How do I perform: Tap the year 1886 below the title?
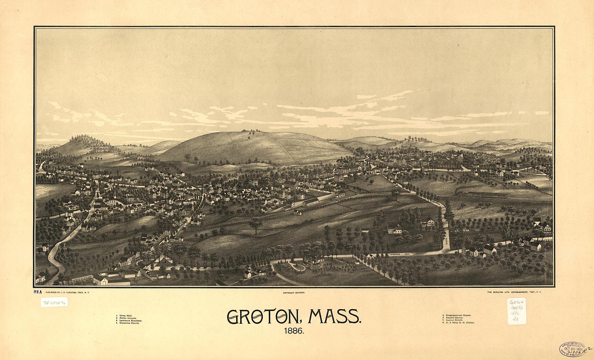coord(294,331)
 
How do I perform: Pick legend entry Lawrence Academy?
coord(130,321)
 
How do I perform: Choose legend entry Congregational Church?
coord(458,315)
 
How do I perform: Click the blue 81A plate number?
coord(37,292)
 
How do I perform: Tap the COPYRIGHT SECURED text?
coord(294,293)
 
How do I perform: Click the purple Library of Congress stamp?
coord(572,349)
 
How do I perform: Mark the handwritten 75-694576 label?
coord(54,302)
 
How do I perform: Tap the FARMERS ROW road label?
coord(399,254)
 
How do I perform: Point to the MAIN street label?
coord(104,208)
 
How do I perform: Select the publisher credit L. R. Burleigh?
coord(66,293)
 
